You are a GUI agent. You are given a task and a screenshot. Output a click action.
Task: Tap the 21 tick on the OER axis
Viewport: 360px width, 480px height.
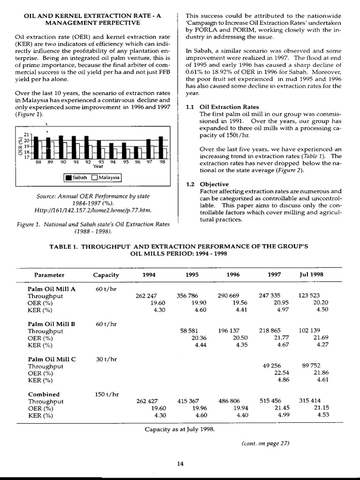click(26, 135)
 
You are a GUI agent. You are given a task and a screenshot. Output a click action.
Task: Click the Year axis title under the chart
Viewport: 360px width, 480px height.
click(98, 166)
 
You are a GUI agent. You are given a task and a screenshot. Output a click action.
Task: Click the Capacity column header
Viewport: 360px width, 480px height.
click(106, 275)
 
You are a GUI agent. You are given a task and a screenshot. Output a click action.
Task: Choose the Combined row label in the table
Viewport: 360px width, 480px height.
click(44, 394)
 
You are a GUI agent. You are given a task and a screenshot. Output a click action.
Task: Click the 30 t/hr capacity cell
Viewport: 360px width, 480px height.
click(106, 359)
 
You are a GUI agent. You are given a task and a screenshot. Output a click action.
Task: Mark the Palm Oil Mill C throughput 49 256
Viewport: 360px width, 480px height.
click(270, 366)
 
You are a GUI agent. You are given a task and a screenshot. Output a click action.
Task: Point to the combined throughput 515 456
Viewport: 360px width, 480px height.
click(270, 401)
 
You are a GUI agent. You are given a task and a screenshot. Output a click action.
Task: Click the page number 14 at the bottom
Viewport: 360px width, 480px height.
click(180, 464)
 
